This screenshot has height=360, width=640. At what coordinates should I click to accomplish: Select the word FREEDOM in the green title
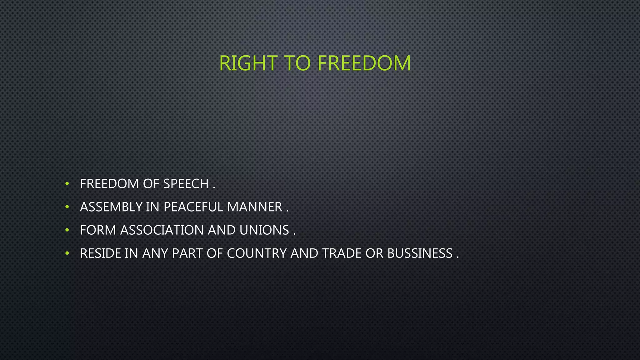[364, 63]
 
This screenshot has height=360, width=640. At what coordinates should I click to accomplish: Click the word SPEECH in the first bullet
[186, 184]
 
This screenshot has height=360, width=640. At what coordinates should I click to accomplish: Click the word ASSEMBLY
[111, 207]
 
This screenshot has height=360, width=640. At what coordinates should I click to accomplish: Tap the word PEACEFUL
[193, 207]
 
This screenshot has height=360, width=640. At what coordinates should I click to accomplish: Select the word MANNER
[255, 207]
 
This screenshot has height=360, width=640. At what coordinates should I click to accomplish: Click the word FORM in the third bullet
[98, 230]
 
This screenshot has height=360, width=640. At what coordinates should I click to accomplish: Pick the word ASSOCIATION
[162, 230]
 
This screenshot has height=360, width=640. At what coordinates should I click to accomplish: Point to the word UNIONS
[264, 230]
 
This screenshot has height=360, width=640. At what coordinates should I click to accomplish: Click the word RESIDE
[100, 253]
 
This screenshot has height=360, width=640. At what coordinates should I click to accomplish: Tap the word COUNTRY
[257, 253]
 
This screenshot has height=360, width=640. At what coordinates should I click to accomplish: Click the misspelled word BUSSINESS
[420, 253]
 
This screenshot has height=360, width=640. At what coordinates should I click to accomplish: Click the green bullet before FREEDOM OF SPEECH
[67, 184]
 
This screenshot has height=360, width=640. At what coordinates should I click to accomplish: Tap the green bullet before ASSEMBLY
[67, 207]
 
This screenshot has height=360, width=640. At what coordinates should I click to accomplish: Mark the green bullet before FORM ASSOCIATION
[67, 230]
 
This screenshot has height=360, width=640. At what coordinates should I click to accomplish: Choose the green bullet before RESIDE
[67, 253]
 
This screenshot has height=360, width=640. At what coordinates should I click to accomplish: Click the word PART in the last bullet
[187, 253]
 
